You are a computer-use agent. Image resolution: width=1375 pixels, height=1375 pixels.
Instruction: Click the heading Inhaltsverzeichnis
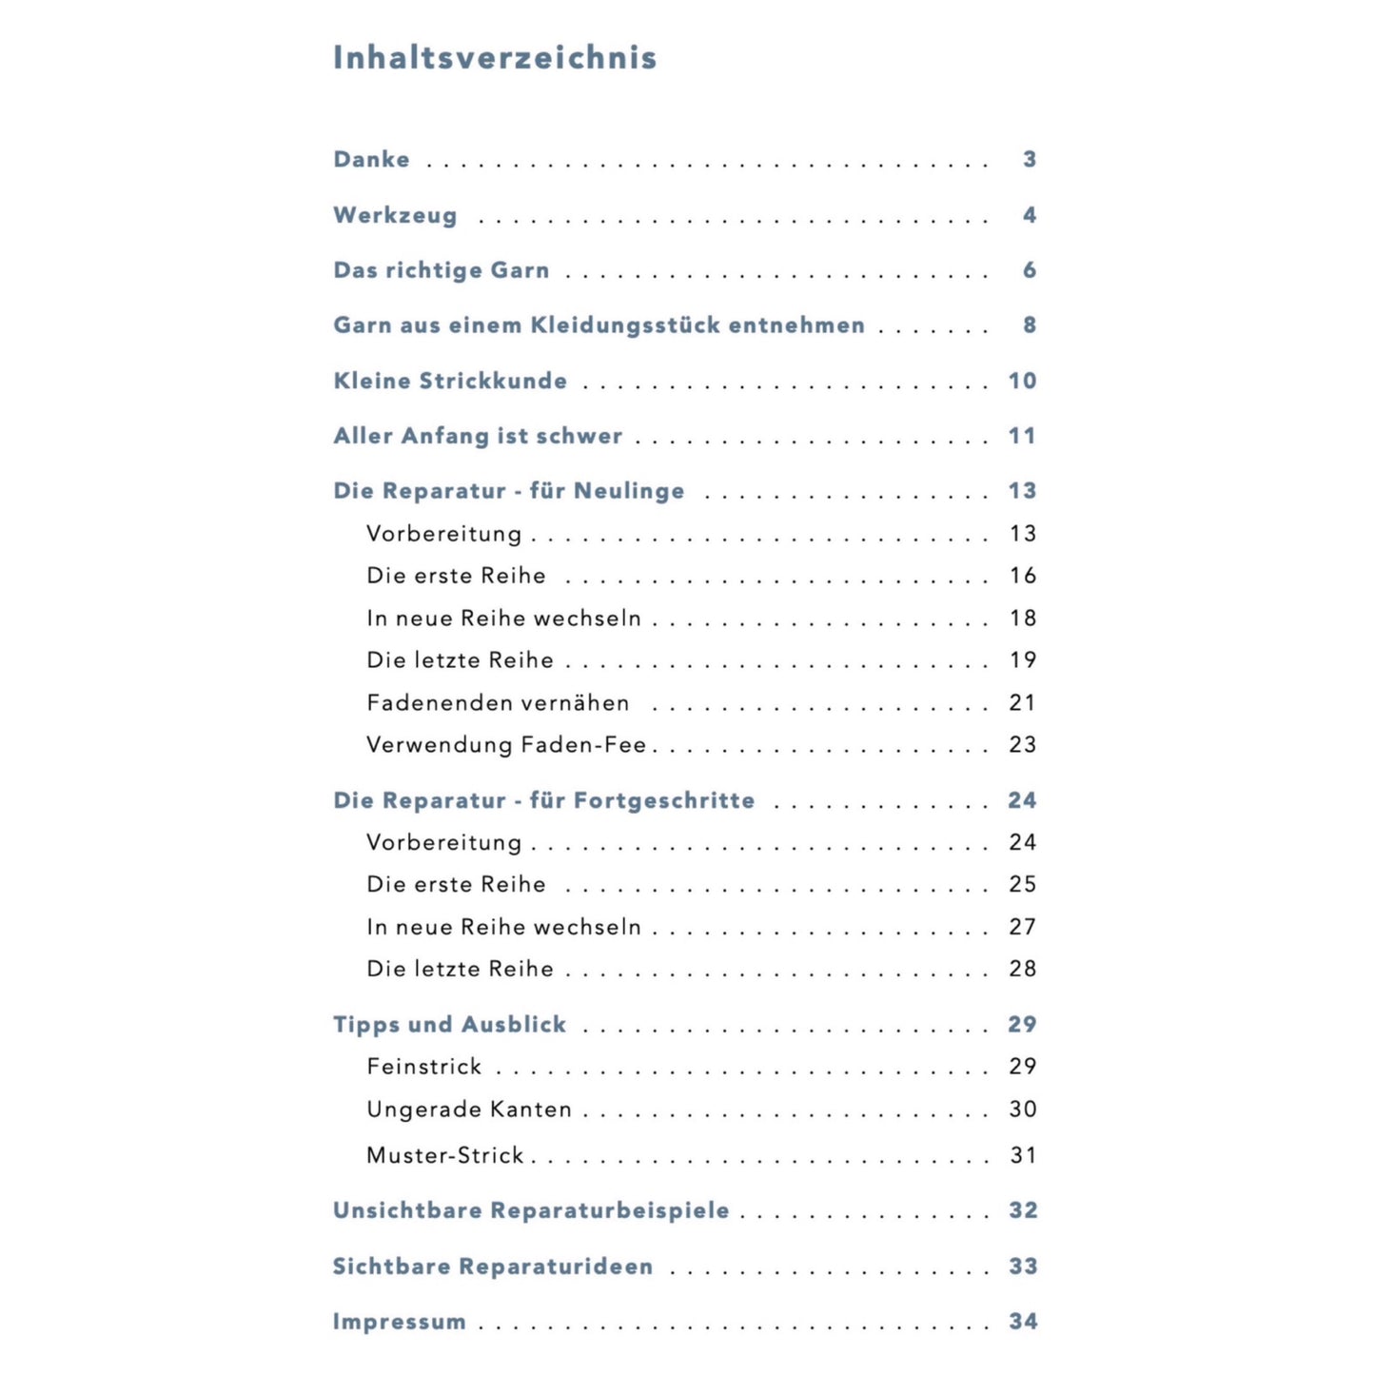pos(495,58)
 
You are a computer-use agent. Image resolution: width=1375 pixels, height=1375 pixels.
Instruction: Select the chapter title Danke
pos(371,160)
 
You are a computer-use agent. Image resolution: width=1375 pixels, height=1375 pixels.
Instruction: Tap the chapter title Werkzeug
pos(395,216)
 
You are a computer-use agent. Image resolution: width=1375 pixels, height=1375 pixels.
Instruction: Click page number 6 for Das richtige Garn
pos(1030,270)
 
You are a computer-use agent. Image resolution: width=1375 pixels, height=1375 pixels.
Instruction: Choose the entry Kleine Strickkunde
pos(450,381)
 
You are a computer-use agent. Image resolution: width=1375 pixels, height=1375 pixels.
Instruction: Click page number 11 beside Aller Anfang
pos(1022,436)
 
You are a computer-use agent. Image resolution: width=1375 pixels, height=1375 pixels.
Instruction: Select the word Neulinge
pos(629,491)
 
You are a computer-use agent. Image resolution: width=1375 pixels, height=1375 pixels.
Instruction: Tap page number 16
pos(1023,576)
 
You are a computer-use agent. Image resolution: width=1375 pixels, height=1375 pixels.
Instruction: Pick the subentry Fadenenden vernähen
pos(498,703)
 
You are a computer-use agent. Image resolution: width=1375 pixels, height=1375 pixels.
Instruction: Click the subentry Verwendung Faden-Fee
pos(506,745)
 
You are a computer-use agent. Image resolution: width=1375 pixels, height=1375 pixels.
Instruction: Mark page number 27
pos(1023,927)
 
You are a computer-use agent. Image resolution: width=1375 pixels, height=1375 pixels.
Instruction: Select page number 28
pos(1023,969)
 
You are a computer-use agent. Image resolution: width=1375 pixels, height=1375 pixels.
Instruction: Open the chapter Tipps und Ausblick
pos(449,1025)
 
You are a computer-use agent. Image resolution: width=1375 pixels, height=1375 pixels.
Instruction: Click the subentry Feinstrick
pos(424,1067)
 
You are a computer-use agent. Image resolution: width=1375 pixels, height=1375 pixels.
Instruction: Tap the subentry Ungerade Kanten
pos(469,1110)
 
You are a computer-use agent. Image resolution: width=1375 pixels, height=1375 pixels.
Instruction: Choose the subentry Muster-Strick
pos(445,1155)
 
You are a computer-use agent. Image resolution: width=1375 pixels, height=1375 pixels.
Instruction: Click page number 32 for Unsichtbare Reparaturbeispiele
pos(1023,1210)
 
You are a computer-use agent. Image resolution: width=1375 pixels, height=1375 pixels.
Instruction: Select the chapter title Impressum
pos(399,1322)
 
